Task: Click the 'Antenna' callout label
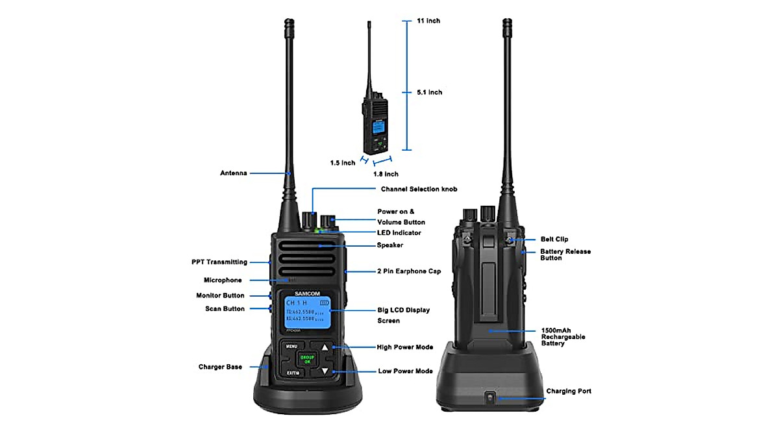233,173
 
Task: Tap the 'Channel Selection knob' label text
419,189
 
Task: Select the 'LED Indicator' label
399,232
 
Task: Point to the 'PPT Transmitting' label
219,262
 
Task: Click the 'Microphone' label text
223,280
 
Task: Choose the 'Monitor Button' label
220,295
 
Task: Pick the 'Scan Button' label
225,309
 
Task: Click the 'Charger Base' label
220,367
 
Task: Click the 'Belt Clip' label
554,240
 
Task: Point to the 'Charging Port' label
569,391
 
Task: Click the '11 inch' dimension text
428,21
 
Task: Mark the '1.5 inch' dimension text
343,162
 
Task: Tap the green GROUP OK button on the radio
306,359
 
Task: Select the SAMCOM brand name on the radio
307,293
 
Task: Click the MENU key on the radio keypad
291,347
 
